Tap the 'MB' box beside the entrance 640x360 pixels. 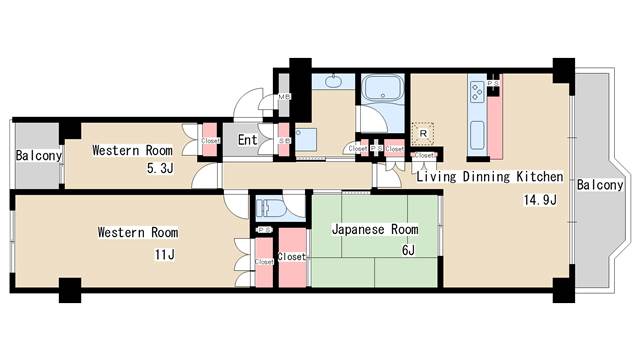coord(284,98)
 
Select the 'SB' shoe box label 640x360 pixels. coord(284,141)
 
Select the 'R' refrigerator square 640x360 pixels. coord(424,133)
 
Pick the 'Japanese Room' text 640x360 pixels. coord(375,228)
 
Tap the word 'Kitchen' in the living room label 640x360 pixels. coord(539,177)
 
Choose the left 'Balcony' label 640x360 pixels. coord(39,155)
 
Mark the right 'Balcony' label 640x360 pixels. coord(601,186)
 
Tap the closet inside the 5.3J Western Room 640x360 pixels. coord(210,141)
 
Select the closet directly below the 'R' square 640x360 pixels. coord(424,156)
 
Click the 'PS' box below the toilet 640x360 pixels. coord(264,231)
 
